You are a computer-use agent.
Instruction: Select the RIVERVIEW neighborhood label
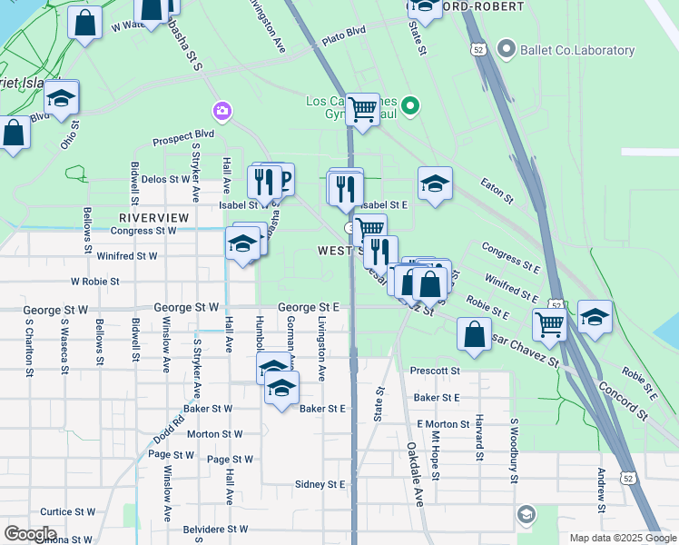pos(153,218)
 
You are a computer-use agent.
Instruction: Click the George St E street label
pos(308,308)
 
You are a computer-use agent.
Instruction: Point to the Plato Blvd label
pos(343,42)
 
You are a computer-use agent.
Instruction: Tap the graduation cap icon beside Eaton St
pos(435,184)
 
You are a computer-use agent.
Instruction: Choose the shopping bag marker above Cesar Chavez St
pos(474,333)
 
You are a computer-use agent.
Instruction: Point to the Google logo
pos(30,534)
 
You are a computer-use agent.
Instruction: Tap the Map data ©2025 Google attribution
pos(623,538)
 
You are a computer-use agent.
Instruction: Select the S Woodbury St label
pos(513,445)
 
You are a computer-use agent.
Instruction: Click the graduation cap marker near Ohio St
pos(61,98)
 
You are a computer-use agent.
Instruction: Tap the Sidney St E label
pos(320,485)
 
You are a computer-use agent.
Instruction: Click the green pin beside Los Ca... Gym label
pos(410,106)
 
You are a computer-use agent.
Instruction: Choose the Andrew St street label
pos(601,490)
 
